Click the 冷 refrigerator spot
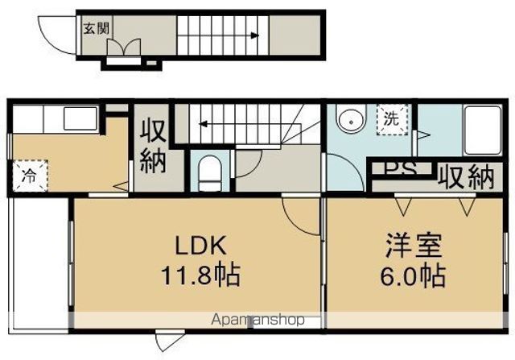pyautogui.click(x=30, y=174)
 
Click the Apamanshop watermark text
pyautogui.click(x=258, y=320)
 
